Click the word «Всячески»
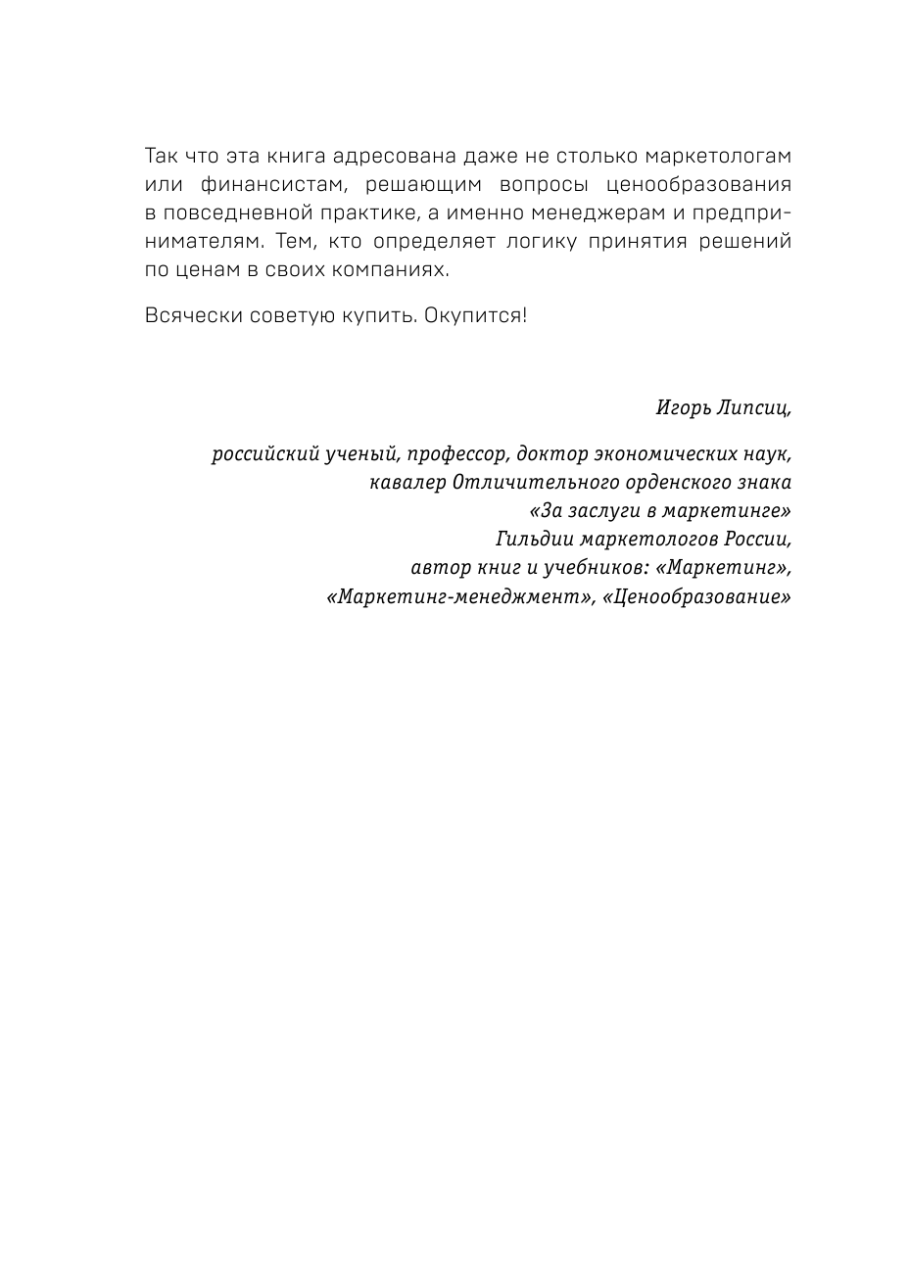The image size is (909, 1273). coord(189,316)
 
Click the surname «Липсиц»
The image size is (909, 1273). coord(755,408)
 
